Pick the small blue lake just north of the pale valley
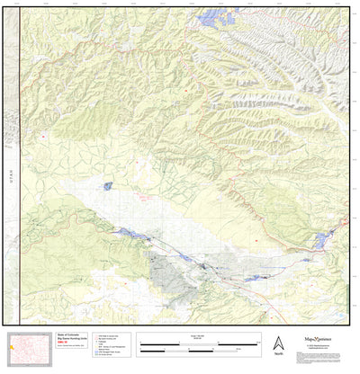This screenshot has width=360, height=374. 108,185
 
